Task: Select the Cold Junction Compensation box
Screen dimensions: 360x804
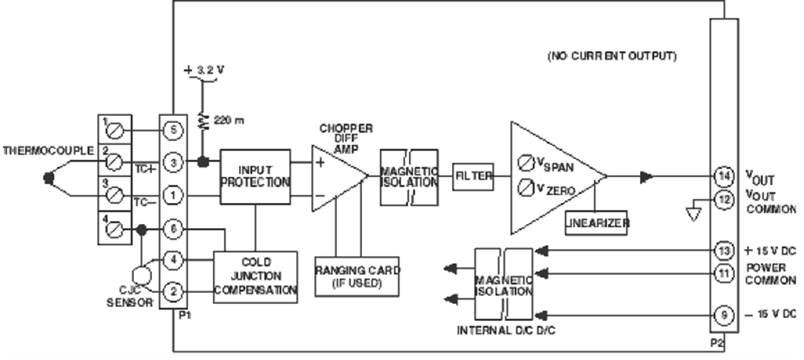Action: [x=256, y=276]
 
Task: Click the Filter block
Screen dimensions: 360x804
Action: [x=474, y=176]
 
